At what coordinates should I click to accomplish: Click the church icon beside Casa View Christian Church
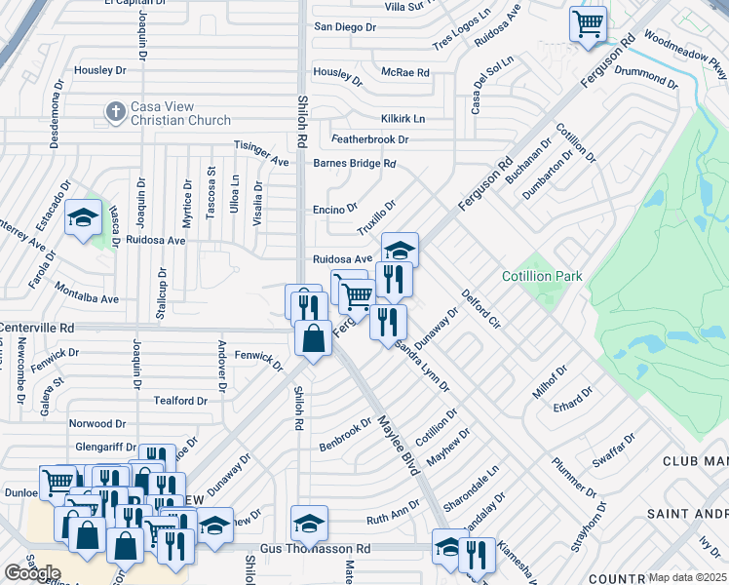(115, 110)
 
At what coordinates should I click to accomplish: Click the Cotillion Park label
(542, 277)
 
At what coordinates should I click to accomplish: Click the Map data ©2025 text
(687, 577)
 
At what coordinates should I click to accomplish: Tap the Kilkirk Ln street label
(403, 118)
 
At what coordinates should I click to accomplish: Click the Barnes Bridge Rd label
(354, 164)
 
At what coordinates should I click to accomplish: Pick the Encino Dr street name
(336, 209)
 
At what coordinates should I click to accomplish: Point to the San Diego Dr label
(344, 27)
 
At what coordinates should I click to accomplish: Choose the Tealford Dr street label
(181, 401)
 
